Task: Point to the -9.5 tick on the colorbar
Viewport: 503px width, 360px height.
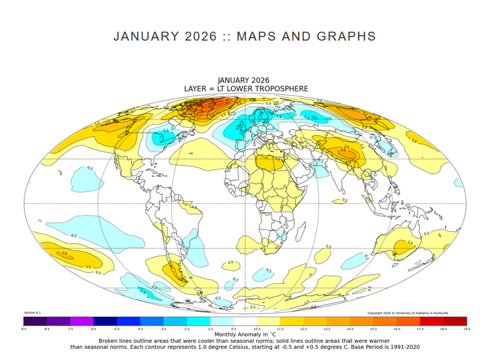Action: click(x=23, y=329)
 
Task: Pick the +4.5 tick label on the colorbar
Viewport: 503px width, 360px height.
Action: click(x=349, y=329)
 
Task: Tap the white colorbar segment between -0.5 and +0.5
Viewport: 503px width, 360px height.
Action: click(x=245, y=321)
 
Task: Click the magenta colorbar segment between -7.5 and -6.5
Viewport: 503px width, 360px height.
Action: click(x=82, y=321)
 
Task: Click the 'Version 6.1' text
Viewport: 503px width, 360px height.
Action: click(x=32, y=313)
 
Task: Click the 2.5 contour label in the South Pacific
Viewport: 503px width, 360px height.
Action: click(x=64, y=253)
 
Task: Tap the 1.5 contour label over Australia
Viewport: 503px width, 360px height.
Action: click(x=410, y=242)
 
